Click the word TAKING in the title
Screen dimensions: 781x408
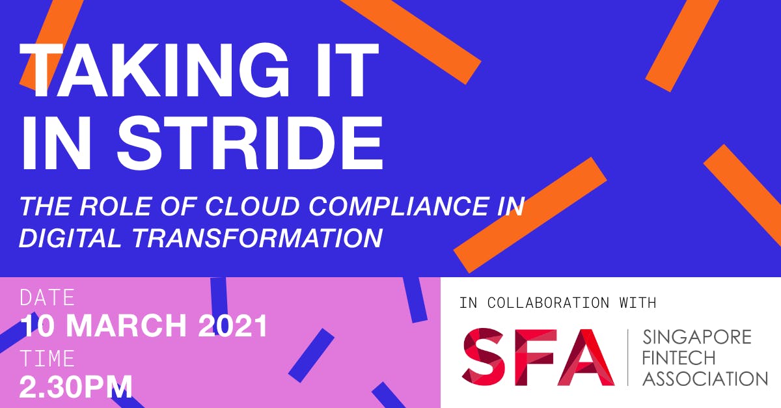pos(154,70)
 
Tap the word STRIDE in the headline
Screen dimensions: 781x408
pos(250,143)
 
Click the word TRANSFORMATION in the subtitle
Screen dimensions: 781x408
pos(257,238)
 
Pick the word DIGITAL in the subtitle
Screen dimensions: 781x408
pos(70,238)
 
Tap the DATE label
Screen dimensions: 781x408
pos(48,297)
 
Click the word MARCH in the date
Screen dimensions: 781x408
pos(126,326)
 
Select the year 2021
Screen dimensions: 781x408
pos(232,326)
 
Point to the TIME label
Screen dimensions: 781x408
pos(48,358)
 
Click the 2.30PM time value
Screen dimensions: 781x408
pos(76,387)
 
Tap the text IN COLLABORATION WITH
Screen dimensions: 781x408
pos(558,303)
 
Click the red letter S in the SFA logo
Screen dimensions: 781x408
pos(483,357)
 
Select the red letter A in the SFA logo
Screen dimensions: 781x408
pos(585,357)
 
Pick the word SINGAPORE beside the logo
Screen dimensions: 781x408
pos(697,337)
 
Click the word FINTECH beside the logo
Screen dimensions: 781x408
pos(679,358)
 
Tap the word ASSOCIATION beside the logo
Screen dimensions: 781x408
pos(705,379)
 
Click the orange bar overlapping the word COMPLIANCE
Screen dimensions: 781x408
pos(530,215)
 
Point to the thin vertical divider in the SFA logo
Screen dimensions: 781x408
pos(628,357)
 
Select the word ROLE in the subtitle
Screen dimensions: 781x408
pos(115,206)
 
